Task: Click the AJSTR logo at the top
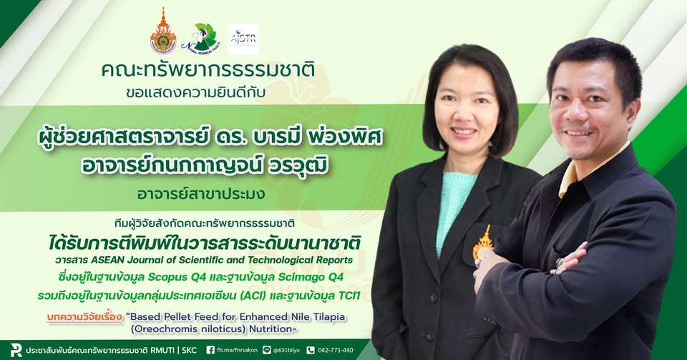tap(243, 39)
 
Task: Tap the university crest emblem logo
tap(163, 31)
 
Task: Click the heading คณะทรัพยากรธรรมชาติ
tap(208, 71)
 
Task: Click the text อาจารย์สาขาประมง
tap(201, 193)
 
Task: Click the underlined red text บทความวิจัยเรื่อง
tap(85, 316)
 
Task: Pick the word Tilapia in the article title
tap(329, 316)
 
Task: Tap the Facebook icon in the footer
tap(210, 351)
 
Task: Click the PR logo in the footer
tap(16, 350)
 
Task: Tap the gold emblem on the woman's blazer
tap(483, 242)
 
